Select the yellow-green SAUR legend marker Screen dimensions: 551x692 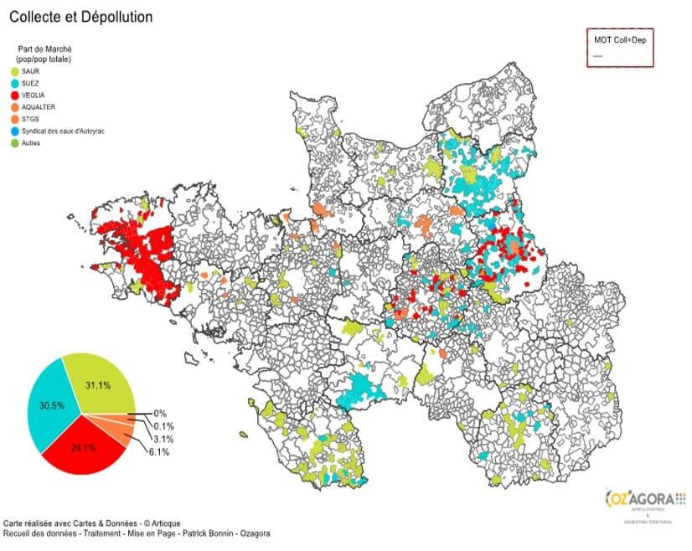pos(15,72)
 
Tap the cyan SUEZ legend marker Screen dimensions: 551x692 pos(15,84)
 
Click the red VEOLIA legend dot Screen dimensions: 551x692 pos(15,95)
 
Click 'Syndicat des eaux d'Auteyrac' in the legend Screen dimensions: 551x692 pos(63,131)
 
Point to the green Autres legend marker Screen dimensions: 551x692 pos(15,143)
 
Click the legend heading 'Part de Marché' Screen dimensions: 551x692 pos(44,49)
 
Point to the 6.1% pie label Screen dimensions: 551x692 pos(159,452)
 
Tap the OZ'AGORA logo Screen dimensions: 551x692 pos(642,499)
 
